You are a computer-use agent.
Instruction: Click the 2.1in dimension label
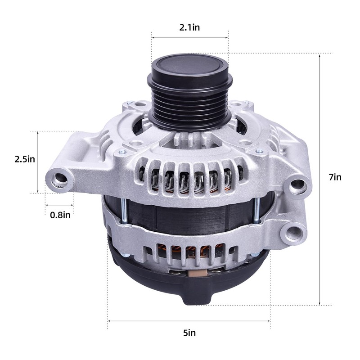(x=189, y=27)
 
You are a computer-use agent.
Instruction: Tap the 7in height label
(x=335, y=177)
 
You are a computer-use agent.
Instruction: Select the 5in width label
(x=189, y=333)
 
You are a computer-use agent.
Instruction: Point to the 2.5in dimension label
(x=25, y=159)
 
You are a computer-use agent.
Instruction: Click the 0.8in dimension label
(x=60, y=215)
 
